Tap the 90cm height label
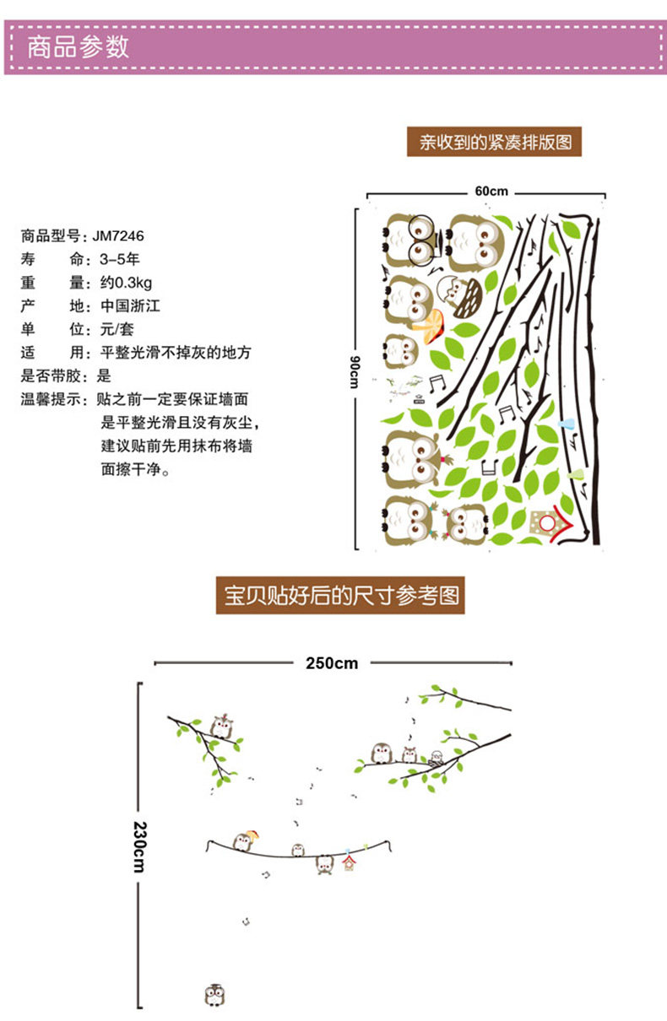click(356, 371)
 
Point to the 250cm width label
click(331, 663)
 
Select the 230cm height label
click(138, 847)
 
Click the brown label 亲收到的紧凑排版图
click(496, 142)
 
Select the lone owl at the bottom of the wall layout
click(214, 996)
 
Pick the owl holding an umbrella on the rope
click(245, 840)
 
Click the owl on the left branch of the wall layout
click(223, 726)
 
